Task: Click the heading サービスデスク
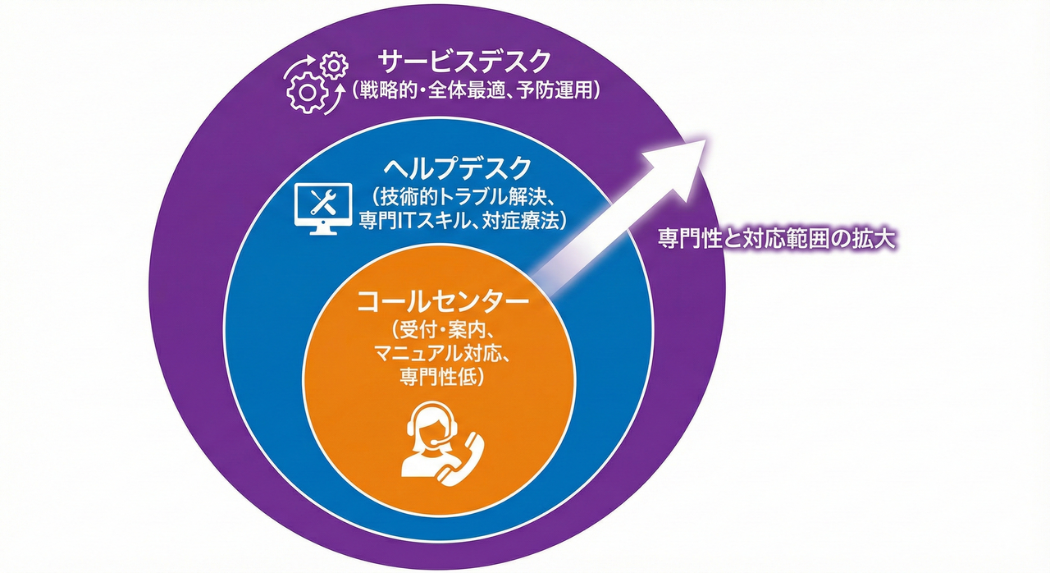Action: coord(463,62)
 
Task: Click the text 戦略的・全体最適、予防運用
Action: coord(477,90)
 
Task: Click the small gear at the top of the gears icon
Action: coord(332,63)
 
